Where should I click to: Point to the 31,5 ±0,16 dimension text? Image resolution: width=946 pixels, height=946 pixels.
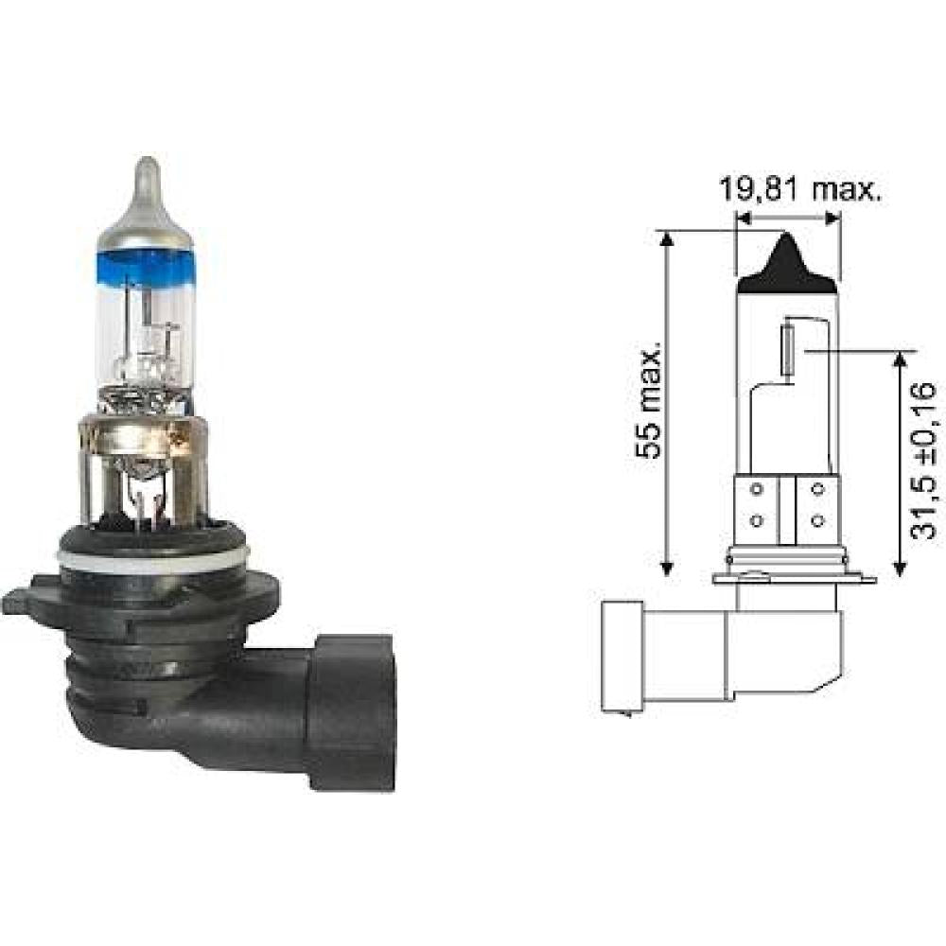point(923,461)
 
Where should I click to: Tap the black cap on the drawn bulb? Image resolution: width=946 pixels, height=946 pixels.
point(787,266)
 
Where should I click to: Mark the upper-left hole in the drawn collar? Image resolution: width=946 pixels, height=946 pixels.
point(756,490)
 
